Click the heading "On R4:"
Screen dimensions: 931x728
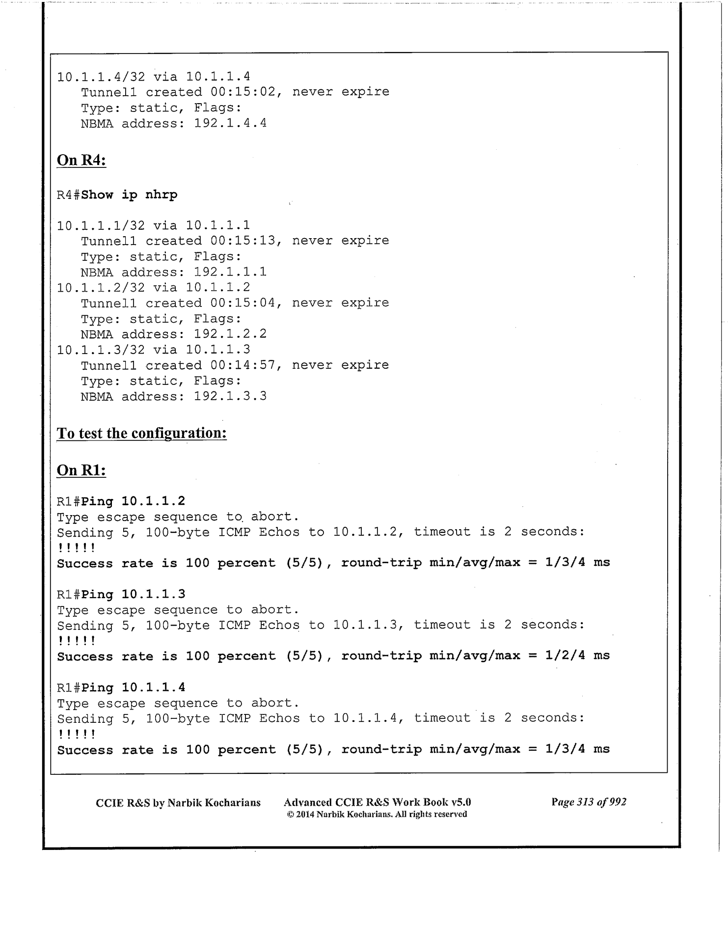(x=81, y=160)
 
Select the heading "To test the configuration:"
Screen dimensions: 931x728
(x=141, y=433)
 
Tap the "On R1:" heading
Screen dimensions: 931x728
(x=81, y=470)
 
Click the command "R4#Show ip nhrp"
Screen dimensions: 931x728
(x=117, y=195)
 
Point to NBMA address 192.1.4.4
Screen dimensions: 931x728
(x=230, y=123)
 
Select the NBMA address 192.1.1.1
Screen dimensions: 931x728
(x=230, y=272)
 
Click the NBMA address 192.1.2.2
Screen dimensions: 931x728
(x=230, y=334)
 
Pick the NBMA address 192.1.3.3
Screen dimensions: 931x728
(x=230, y=396)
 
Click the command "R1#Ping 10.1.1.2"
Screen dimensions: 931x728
(x=121, y=501)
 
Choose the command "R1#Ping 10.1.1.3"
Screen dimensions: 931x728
(x=121, y=595)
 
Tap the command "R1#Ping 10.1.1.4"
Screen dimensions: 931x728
(x=121, y=688)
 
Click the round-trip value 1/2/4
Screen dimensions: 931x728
(x=565, y=656)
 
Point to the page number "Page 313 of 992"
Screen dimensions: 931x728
(x=589, y=802)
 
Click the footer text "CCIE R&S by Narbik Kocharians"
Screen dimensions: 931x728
(x=178, y=803)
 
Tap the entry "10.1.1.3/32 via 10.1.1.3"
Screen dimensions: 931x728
(x=153, y=350)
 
